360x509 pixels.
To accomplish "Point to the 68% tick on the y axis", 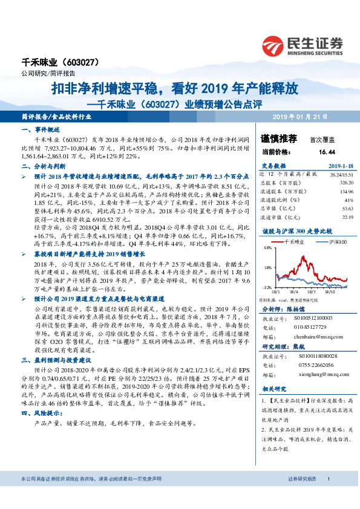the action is point(266,248).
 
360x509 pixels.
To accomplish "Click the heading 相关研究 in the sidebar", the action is point(274,391).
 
